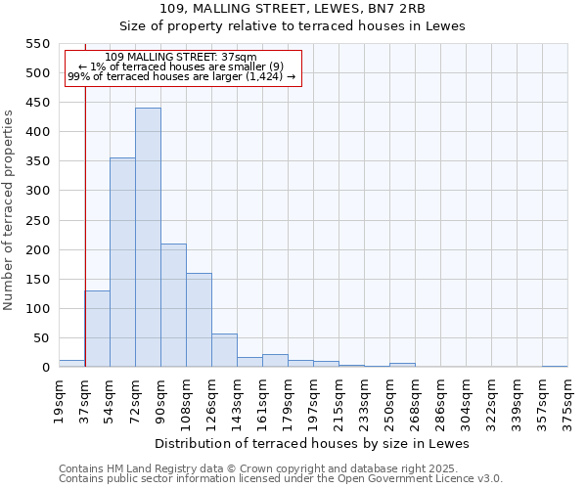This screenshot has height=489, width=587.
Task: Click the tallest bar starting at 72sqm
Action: [x=148, y=238]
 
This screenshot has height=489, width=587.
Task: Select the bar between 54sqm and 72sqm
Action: [x=122, y=262]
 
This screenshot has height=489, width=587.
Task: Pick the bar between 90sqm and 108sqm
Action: [x=173, y=305]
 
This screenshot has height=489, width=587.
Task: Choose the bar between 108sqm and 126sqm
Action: [x=199, y=320]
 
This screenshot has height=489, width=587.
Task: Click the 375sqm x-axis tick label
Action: [x=567, y=400]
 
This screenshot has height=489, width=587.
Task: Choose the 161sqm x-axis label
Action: [x=262, y=400]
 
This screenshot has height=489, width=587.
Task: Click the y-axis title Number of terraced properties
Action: [x=10, y=209]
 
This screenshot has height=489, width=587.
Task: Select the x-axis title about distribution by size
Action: [x=312, y=443]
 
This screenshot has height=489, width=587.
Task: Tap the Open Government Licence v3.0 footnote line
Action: [x=281, y=479]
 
